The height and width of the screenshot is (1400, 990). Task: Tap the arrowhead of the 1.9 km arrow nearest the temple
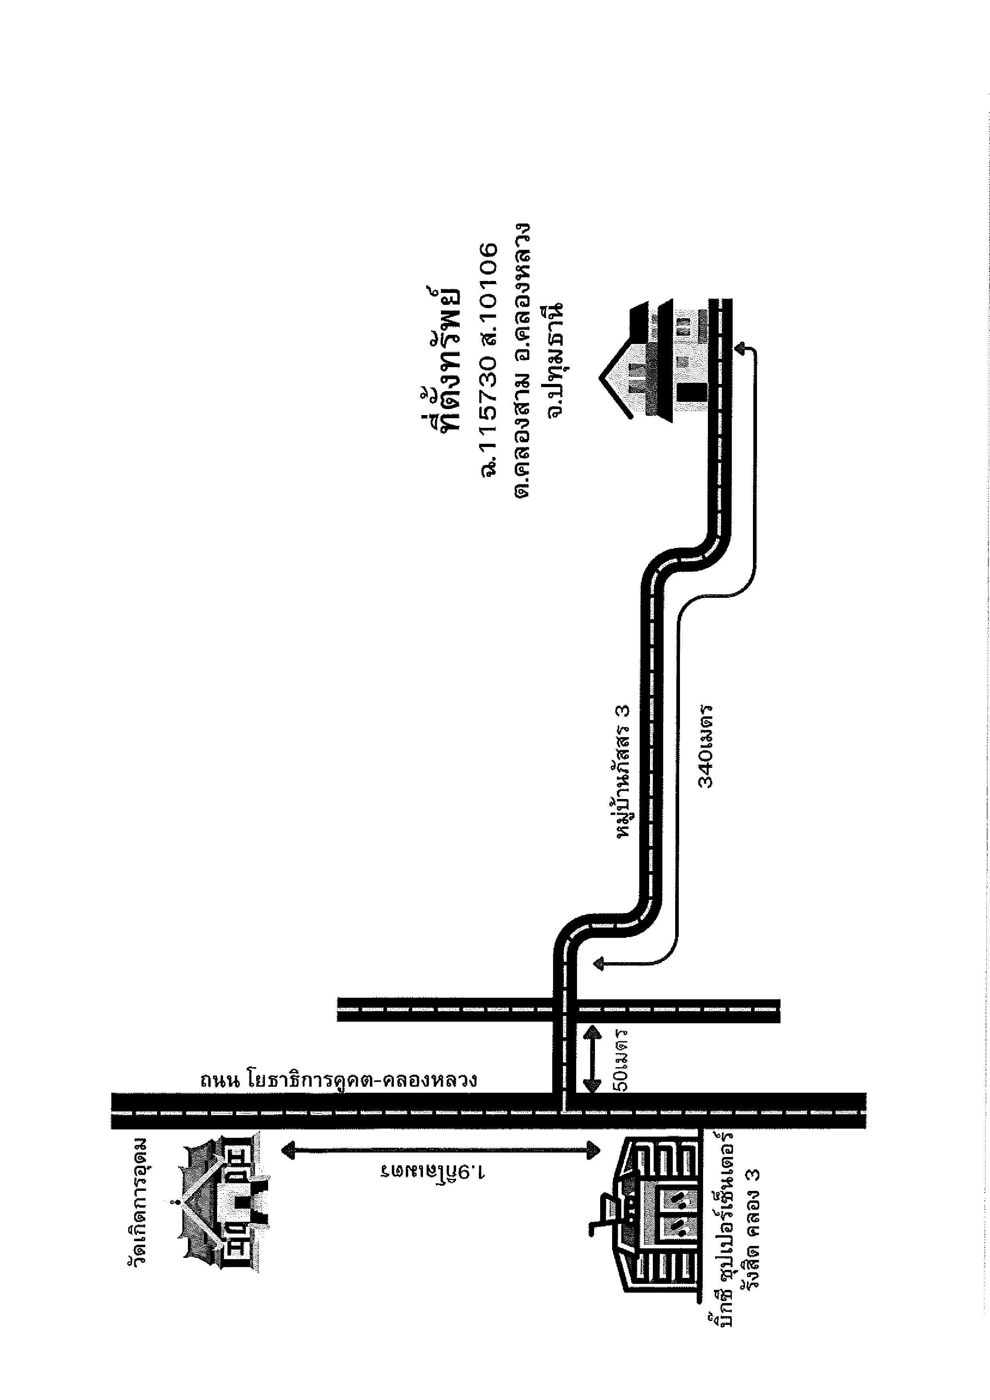click(x=286, y=1150)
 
